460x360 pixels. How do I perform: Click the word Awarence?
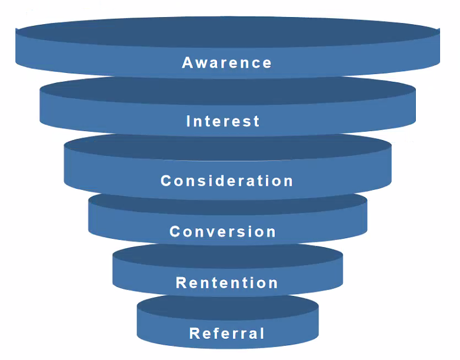pos(227,63)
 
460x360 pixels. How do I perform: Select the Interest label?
pos(223,122)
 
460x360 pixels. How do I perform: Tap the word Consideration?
pos(227,181)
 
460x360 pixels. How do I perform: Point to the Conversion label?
pos(223,232)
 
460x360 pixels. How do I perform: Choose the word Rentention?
pos(227,283)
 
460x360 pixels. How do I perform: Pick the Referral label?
pos(227,334)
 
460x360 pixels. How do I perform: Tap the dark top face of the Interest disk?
pos(227,91)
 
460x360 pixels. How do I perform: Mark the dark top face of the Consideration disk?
pos(227,147)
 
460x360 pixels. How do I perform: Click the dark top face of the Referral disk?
pos(227,306)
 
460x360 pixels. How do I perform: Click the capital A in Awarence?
pos(188,63)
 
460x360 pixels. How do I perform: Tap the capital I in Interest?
pos(189,122)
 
